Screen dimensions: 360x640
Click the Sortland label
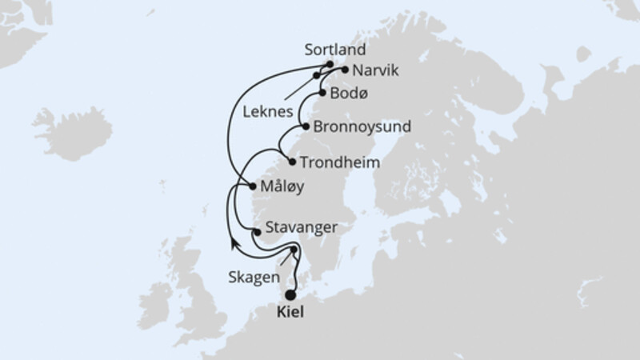click(329, 50)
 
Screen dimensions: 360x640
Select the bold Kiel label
click(290, 312)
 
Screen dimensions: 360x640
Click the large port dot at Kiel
click(290, 295)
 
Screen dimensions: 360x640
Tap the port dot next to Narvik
click(345, 70)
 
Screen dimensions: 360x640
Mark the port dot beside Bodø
click(322, 92)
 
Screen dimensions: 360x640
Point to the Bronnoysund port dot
click(306, 126)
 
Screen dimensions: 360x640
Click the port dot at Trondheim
click(292, 162)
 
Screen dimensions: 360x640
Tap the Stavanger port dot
click(256, 232)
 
